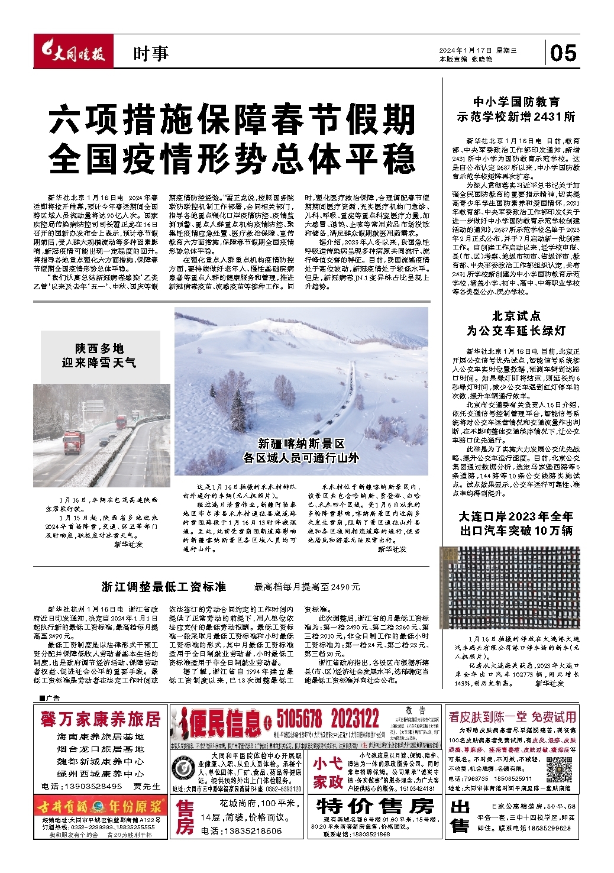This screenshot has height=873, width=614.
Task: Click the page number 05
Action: point(563,53)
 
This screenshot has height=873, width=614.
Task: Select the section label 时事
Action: point(150,54)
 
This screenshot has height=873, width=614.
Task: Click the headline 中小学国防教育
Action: point(516,102)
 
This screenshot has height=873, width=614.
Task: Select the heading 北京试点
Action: point(516,316)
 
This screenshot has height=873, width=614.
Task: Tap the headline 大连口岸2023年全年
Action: point(516,516)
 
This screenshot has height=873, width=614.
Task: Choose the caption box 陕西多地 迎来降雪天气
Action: point(99,355)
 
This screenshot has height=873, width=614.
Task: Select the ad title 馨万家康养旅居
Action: point(101,719)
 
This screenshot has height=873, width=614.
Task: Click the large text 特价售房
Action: point(375,806)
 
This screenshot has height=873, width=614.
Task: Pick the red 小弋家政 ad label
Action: point(328,772)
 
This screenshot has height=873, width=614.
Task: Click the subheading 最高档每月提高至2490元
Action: point(306,587)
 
